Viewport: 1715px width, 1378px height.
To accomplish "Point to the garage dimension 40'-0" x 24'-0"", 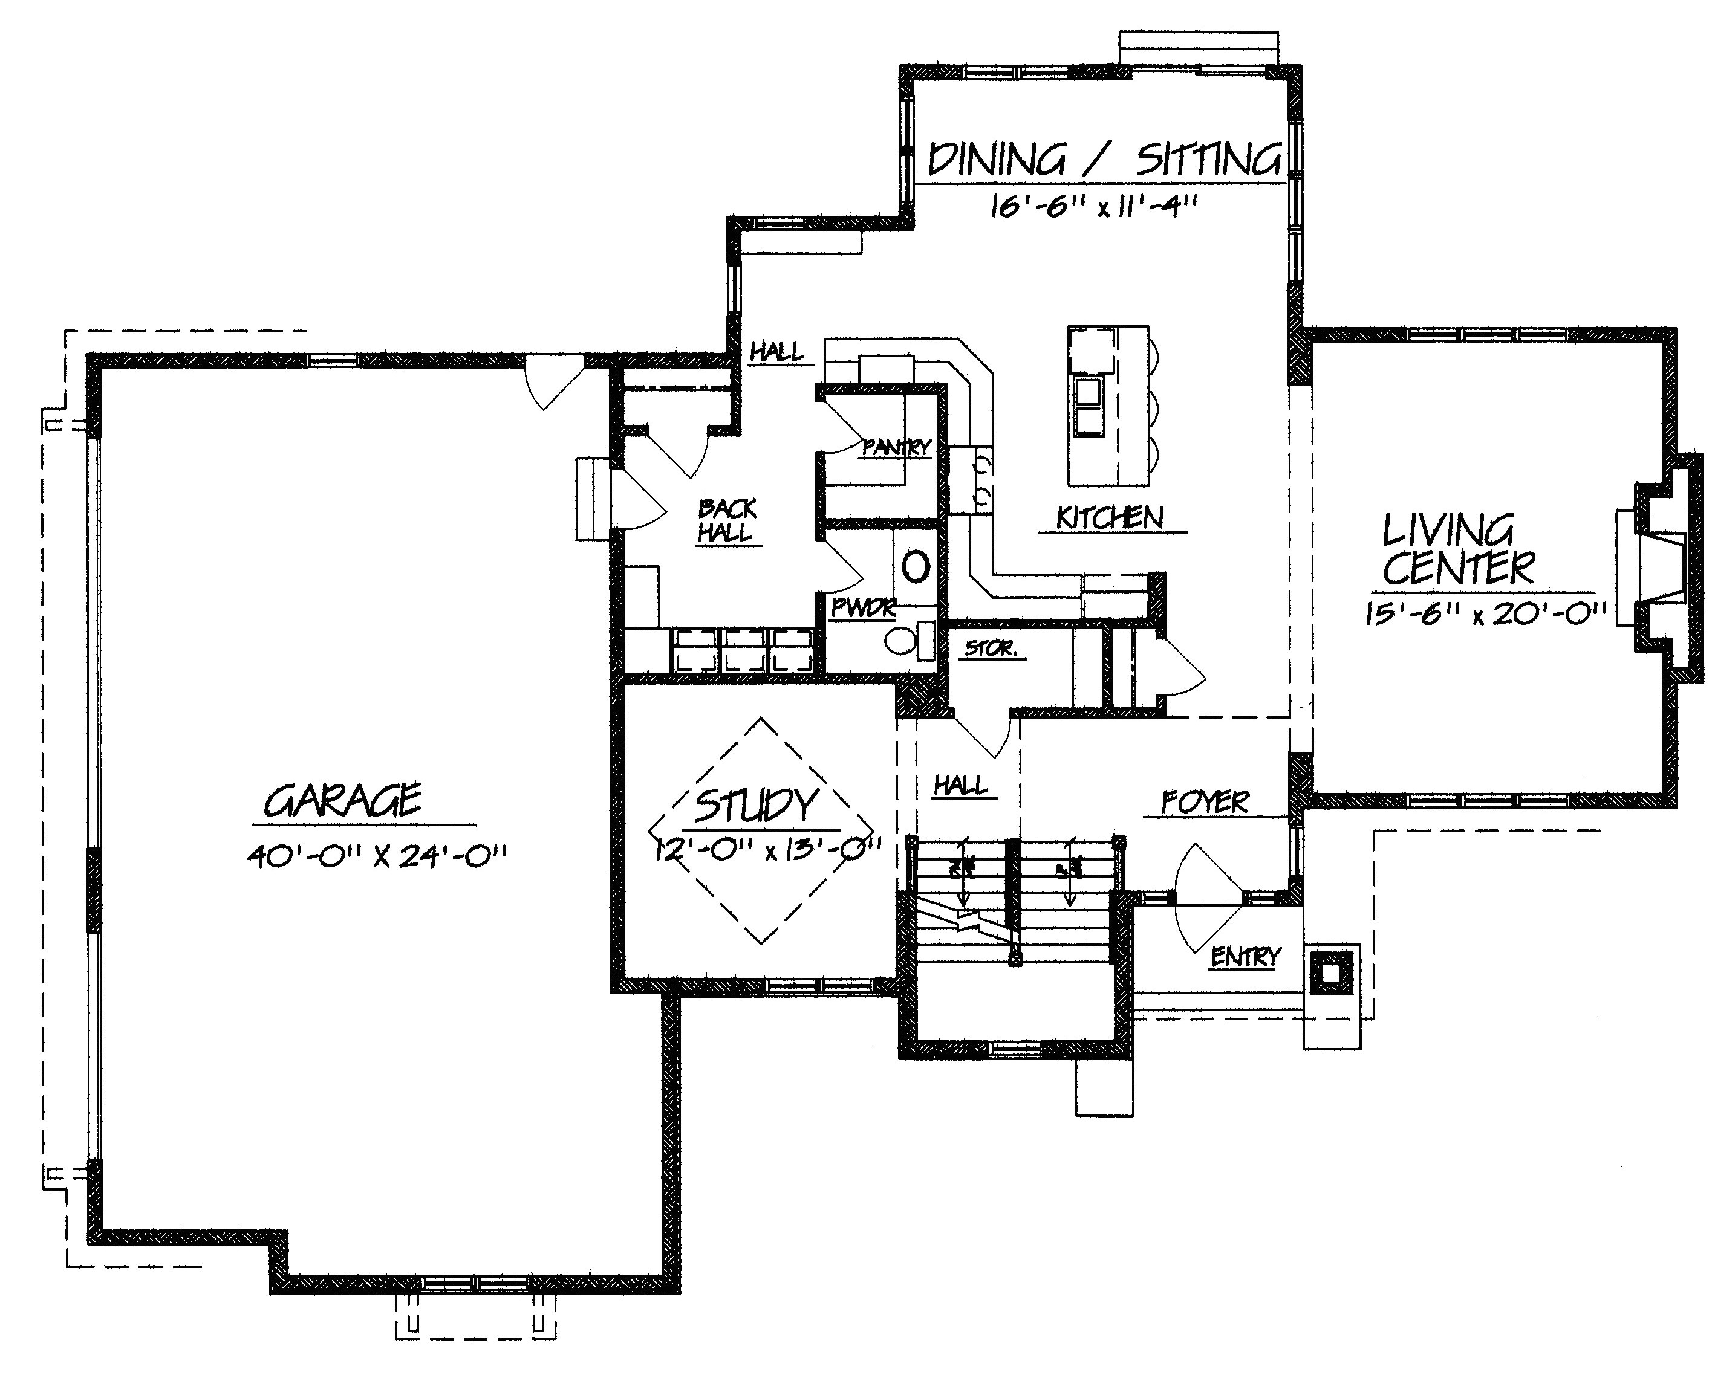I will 376,856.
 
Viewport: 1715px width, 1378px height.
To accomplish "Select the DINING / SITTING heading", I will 1104,160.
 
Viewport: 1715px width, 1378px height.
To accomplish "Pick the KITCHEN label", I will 1110,519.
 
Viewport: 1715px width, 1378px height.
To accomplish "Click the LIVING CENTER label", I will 1458,549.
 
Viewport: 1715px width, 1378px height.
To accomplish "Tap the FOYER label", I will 1205,802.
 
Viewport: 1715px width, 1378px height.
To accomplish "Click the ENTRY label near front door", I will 1245,957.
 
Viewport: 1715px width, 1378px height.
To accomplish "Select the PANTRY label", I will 896,448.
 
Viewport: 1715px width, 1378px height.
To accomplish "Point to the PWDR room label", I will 863,608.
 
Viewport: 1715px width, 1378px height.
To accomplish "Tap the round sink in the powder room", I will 916,567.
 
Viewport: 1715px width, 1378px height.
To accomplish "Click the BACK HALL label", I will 726,521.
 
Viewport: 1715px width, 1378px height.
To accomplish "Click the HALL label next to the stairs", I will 961,786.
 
